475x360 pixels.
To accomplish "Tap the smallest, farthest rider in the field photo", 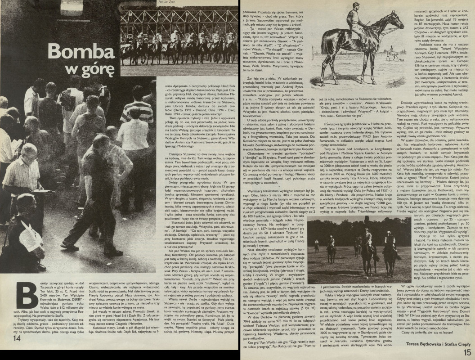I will (x=317, y=243).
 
